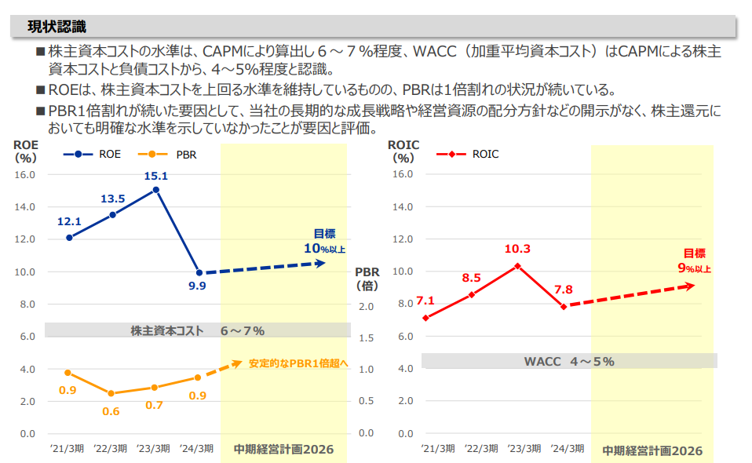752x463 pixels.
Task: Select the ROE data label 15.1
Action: [x=156, y=176]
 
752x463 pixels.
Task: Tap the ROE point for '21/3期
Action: [x=69, y=237]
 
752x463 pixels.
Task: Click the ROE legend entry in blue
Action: [x=93, y=155]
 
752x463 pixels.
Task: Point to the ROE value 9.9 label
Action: [x=197, y=286]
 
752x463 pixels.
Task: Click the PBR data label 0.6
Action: [x=111, y=411]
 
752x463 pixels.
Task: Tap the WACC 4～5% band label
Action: [x=569, y=362]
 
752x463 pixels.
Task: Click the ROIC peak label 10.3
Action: [x=517, y=250]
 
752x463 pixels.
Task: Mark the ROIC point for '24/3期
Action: [x=564, y=306]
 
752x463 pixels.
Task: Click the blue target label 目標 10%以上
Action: [x=325, y=242]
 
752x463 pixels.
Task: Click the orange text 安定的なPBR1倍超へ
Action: [x=298, y=364]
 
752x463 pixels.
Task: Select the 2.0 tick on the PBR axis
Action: [x=365, y=306]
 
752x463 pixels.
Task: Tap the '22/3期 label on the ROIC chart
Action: [x=481, y=449]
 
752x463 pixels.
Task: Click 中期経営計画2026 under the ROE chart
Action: [x=283, y=450]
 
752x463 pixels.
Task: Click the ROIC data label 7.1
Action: [x=425, y=301]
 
